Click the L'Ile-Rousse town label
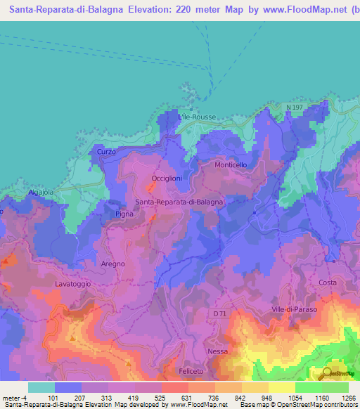197,117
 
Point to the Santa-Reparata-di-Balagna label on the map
179,202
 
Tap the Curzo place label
106,152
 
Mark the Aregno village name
112,264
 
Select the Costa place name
328,283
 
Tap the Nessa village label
218,350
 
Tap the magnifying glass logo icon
326,373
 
